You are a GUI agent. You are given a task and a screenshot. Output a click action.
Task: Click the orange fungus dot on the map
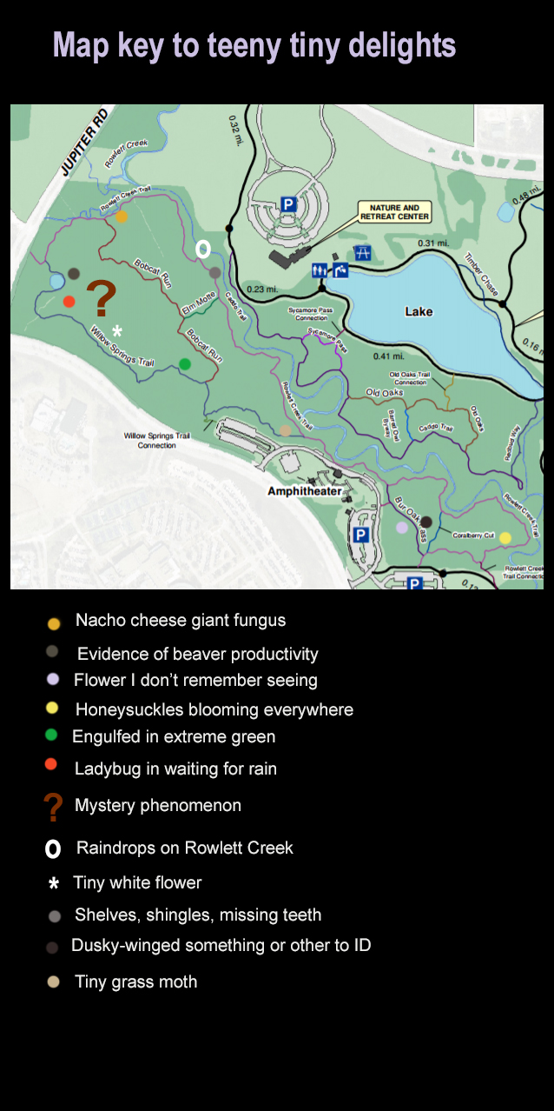pyautogui.click(x=122, y=216)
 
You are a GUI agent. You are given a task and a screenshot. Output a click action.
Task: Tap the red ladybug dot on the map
pyautogui.click(x=69, y=302)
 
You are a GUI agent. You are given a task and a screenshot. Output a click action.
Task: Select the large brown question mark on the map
pyautogui.click(x=102, y=298)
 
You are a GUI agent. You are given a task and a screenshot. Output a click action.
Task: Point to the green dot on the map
pyautogui.click(x=185, y=364)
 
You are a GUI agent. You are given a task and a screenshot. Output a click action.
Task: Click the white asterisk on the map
pyautogui.click(x=117, y=331)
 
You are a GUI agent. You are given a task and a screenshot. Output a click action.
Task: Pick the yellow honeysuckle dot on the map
pyautogui.click(x=505, y=537)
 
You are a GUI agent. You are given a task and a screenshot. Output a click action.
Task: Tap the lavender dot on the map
pyautogui.click(x=402, y=528)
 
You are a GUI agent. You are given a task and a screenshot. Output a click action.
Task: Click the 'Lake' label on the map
pyautogui.click(x=419, y=311)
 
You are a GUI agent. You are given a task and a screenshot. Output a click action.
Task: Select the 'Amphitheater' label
pyautogui.click(x=305, y=491)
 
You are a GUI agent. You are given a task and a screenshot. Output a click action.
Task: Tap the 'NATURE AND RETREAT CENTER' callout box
pyautogui.click(x=394, y=212)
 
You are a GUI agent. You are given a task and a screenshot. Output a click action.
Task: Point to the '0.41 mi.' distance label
pyautogui.click(x=388, y=356)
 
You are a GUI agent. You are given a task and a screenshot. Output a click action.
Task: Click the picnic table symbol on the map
pyautogui.click(x=363, y=253)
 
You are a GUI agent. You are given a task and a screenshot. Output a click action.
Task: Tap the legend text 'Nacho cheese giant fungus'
pyautogui.click(x=180, y=620)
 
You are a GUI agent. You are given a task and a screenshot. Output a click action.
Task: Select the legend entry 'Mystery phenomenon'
pyautogui.click(x=157, y=805)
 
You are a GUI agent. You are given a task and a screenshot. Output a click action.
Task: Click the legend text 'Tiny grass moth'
pyautogui.click(x=135, y=981)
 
